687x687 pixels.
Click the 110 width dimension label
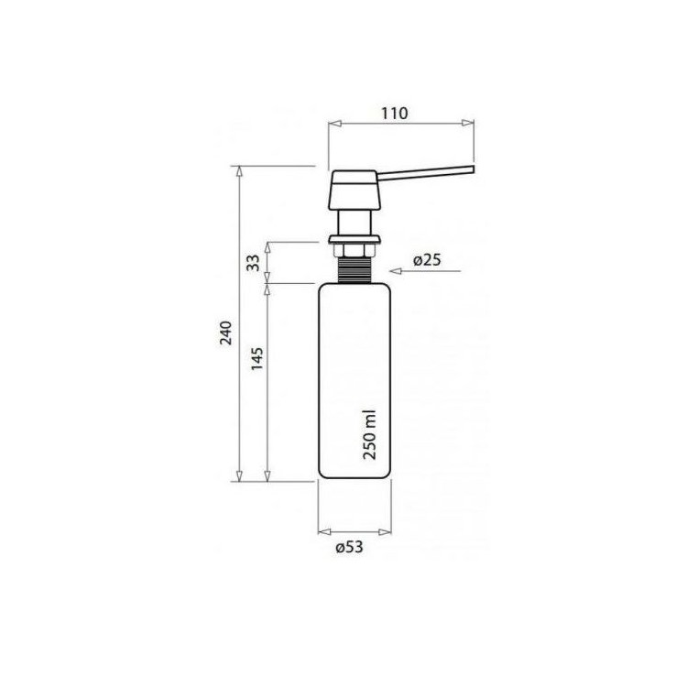pyautogui.click(x=394, y=113)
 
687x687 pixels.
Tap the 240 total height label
pyautogui.click(x=226, y=333)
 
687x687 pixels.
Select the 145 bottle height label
pyautogui.click(x=257, y=359)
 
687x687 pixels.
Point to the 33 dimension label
pyautogui.click(x=253, y=263)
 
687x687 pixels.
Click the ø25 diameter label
pyautogui.click(x=427, y=260)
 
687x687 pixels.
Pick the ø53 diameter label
pyautogui.click(x=350, y=547)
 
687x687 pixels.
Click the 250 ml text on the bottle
pyautogui.click(x=370, y=434)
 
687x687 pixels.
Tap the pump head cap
pyautogui.click(x=354, y=190)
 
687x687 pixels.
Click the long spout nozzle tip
pyautogui.click(x=473, y=170)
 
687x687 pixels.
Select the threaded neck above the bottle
pyautogui.click(x=354, y=270)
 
